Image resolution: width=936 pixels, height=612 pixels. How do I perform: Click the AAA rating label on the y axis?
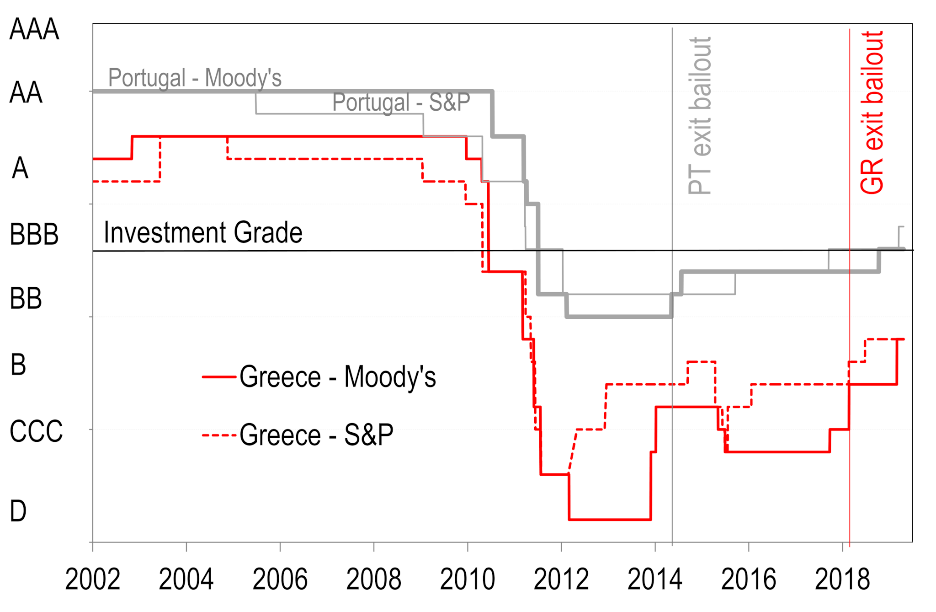pyautogui.click(x=34, y=30)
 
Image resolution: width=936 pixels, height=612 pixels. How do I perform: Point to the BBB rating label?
pyautogui.click(x=34, y=235)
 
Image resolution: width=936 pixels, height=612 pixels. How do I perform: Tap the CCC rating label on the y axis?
pyautogui.click(x=36, y=431)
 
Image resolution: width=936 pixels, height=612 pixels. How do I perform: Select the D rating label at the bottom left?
pyautogui.click(x=18, y=511)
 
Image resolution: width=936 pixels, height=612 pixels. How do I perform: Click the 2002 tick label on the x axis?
pyautogui.click(x=93, y=579)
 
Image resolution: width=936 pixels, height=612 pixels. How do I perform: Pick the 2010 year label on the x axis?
pyautogui.click(x=468, y=579)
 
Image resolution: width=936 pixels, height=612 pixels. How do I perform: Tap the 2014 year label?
pyautogui.click(x=655, y=579)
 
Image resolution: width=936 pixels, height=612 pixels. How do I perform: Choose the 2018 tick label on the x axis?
pyautogui.click(x=842, y=579)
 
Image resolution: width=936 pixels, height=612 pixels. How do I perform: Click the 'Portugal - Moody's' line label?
pyautogui.click(x=195, y=78)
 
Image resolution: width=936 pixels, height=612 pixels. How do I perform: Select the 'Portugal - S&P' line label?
pyautogui.click(x=401, y=102)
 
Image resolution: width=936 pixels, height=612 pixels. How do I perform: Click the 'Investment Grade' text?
pyautogui.click(x=203, y=233)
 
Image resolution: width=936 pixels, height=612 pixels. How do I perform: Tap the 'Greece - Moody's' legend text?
pyautogui.click(x=338, y=377)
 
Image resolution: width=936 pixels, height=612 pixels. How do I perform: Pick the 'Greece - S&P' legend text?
pyautogui.click(x=316, y=435)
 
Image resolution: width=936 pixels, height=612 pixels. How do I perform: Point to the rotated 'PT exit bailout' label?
pyautogui.click(x=700, y=115)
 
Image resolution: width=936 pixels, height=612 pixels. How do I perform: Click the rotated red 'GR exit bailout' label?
pyautogui.click(x=872, y=113)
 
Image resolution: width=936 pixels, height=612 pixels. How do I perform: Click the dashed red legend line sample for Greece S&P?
pyautogui.click(x=219, y=435)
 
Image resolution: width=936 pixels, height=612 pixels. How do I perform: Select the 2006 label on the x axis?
pyautogui.click(x=280, y=579)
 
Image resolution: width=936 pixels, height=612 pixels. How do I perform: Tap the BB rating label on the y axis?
pyautogui.click(x=26, y=299)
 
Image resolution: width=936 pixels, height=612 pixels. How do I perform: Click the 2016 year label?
pyautogui.click(x=749, y=579)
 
